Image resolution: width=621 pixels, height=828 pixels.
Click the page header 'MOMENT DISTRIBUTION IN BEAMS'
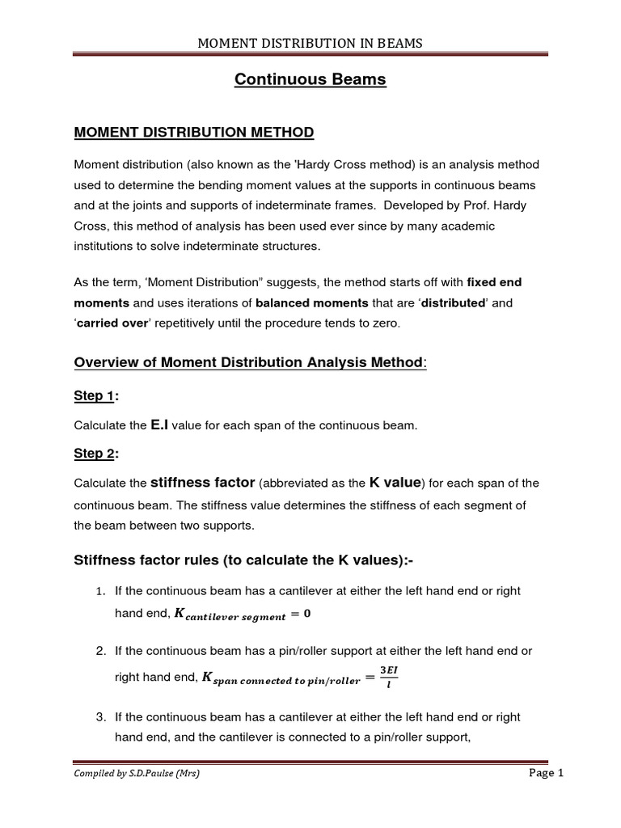click(310, 43)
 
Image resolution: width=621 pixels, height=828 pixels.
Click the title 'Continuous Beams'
click(310, 79)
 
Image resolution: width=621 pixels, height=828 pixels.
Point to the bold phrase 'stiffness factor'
click(203, 483)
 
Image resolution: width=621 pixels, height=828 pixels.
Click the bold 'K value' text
click(395, 483)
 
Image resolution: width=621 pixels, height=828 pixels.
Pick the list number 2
click(101, 651)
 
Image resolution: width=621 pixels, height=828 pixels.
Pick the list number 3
click(101, 717)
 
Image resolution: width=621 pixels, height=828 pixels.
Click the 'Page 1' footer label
click(546, 773)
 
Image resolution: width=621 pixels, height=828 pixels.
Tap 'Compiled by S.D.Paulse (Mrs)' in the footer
click(137, 774)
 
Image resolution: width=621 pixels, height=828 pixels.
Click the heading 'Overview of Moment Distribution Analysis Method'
click(249, 362)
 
